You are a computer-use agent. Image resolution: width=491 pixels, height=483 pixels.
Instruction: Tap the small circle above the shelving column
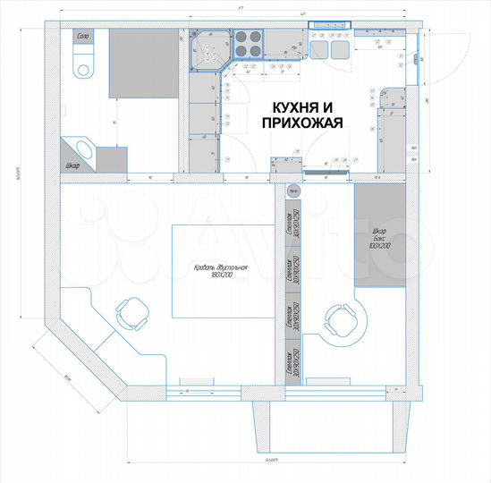pos(292,191)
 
